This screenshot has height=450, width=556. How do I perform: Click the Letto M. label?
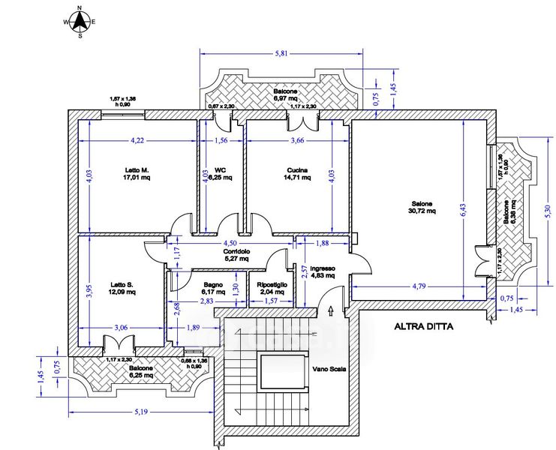click(x=137, y=170)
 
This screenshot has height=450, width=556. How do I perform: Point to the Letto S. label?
click(x=122, y=284)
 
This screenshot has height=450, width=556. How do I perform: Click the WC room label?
click(x=221, y=169)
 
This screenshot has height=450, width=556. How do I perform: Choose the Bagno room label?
click(x=213, y=284)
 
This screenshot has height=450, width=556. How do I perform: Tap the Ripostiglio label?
click(x=268, y=284)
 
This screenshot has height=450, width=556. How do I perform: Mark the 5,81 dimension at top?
click(x=281, y=54)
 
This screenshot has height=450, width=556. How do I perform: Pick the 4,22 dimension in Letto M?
click(x=137, y=140)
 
